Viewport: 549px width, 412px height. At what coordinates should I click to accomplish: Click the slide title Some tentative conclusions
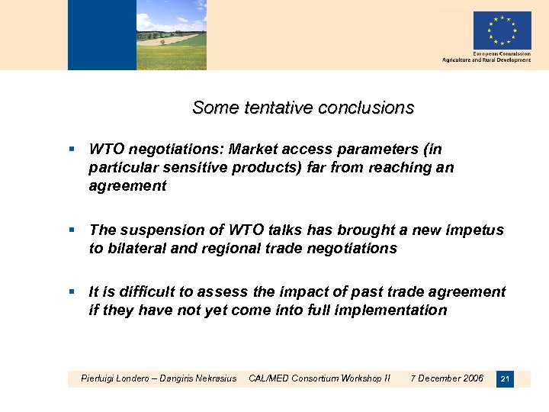point(303,108)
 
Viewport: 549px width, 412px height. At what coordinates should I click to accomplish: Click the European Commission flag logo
point(502,31)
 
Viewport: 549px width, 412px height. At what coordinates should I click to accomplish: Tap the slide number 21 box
point(504,378)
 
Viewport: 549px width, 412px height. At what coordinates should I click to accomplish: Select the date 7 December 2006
point(447,378)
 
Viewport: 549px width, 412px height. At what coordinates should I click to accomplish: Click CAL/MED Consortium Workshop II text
point(319,378)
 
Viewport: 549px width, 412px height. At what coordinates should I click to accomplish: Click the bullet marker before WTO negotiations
point(72,150)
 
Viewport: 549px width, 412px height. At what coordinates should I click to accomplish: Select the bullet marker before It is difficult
point(72,292)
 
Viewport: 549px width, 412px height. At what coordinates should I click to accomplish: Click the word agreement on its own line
point(127,186)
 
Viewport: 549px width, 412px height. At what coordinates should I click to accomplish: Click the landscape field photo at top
point(171,35)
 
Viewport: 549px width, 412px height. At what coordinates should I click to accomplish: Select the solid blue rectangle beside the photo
point(101,35)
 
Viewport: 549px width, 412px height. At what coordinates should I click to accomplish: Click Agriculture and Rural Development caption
point(486,60)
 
